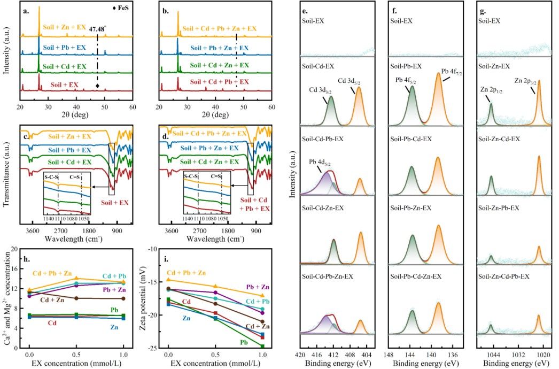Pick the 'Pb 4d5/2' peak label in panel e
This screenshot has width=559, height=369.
[320, 160]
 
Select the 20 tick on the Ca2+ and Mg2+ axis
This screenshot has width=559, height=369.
[14, 249]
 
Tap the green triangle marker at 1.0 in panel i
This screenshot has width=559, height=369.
[262, 347]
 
